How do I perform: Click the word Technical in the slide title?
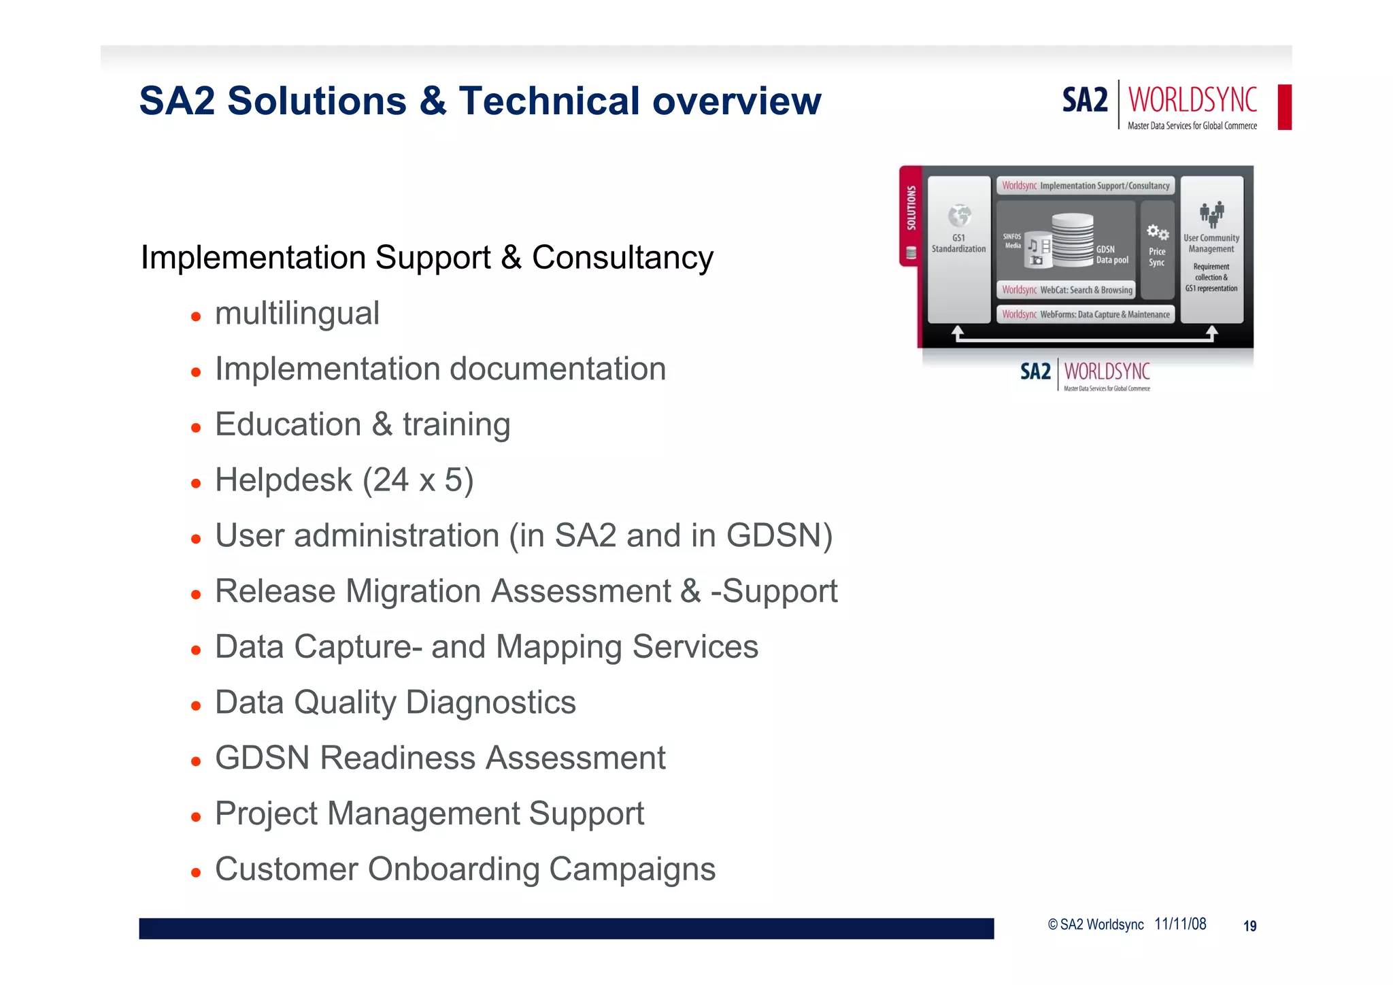point(549,101)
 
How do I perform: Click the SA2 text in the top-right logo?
point(1084,101)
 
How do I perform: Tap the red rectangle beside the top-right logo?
point(1284,107)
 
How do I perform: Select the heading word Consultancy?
point(622,258)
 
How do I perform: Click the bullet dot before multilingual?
point(196,316)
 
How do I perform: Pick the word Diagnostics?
point(490,703)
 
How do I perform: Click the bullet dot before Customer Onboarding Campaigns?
point(196,872)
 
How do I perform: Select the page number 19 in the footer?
point(1249,926)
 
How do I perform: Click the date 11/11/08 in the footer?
point(1180,924)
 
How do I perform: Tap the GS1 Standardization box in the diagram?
point(958,249)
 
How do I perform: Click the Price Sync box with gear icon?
point(1157,249)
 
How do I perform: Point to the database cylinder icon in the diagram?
point(1072,238)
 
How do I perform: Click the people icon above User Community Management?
point(1211,214)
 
